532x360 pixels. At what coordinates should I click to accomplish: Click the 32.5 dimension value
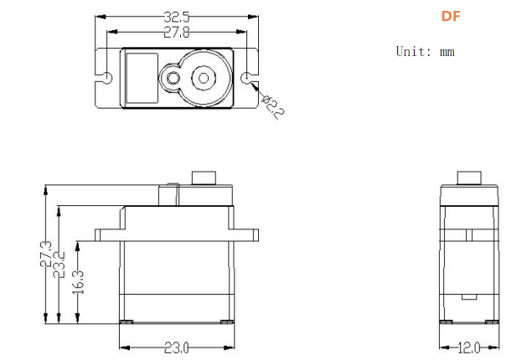[177, 17]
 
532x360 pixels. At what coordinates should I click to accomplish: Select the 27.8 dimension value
[177, 32]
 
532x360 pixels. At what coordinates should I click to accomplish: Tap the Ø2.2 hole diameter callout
[273, 107]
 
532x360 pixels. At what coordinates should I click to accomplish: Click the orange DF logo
[451, 16]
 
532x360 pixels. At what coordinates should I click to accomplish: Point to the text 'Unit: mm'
[425, 52]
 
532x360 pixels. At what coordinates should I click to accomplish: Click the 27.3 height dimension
[46, 254]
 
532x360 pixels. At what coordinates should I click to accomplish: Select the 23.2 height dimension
[59, 265]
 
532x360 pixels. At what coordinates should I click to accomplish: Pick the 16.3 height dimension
[78, 282]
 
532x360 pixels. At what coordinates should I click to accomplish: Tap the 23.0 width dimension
[177, 347]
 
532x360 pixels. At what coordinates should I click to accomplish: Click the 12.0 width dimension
[469, 347]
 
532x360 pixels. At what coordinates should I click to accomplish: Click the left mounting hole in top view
[107, 78]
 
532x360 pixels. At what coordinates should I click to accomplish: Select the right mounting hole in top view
[246, 78]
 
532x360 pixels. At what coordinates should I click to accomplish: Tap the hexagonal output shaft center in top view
[204, 78]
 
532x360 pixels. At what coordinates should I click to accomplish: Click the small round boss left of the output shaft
[173, 78]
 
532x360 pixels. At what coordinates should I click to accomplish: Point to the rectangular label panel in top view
[142, 78]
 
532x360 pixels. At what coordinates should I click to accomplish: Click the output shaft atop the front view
[204, 178]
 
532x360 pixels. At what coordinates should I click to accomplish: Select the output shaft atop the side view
[469, 178]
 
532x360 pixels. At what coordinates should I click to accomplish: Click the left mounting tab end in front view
[98, 235]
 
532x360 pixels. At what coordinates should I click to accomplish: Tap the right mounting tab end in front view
[256, 235]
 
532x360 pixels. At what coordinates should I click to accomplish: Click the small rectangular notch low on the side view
[469, 297]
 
